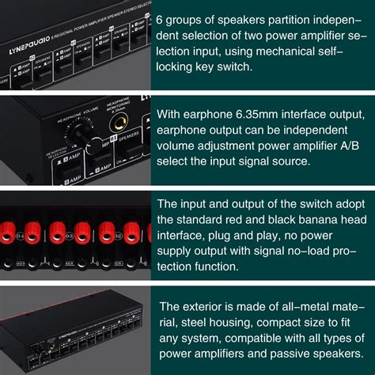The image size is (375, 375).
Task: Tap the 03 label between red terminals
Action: pos(70,236)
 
